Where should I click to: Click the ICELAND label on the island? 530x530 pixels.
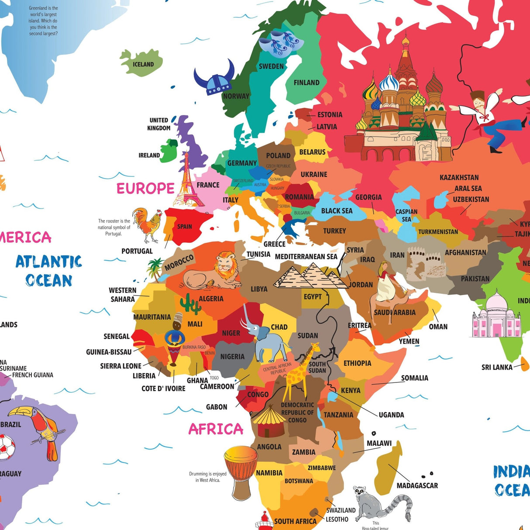(x=143, y=64)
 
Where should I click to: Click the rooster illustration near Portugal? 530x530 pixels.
(x=148, y=224)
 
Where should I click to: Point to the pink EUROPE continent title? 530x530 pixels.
(x=145, y=189)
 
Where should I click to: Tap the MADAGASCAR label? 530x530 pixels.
(x=417, y=485)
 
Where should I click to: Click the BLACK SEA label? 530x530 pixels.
(x=337, y=211)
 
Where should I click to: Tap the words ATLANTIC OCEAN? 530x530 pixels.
(x=48, y=271)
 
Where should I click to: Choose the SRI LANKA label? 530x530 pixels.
(x=497, y=367)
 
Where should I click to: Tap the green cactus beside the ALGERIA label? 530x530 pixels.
(x=190, y=303)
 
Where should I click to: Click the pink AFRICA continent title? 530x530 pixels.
(x=216, y=429)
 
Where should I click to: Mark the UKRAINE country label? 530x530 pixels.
(x=313, y=175)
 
